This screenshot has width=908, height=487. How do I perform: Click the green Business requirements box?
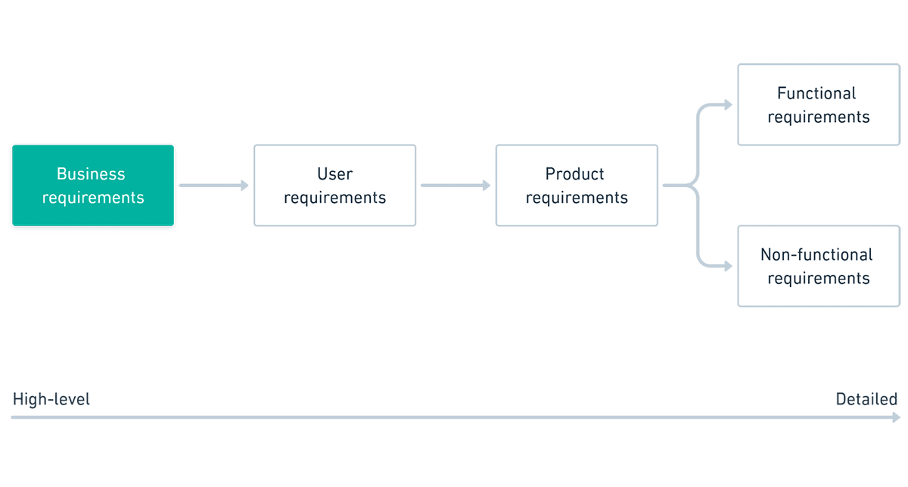(x=93, y=186)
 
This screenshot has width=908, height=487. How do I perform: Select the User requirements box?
(x=334, y=186)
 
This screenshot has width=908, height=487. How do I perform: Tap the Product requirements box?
(x=577, y=186)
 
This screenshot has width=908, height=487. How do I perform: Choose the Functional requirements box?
(x=818, y=105)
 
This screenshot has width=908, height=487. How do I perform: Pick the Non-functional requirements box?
(x=818, y=266)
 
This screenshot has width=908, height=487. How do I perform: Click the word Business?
(x=91, y=174)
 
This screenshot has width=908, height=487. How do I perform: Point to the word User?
(x=334, y=174)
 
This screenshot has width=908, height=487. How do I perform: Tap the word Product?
(x=575, y=174)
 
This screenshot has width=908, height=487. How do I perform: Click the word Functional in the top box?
(x=816, y=93)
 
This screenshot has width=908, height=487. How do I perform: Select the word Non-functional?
(x=816, y=254)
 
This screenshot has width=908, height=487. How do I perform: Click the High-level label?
(x=51, y=399)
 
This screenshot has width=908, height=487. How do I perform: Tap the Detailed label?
(x=866, y=399)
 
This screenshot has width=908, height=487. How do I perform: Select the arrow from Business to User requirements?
(x=213, y=186)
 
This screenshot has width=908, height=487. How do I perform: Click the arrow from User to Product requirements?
(x=456, y=186)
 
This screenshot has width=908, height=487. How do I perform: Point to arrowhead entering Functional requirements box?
(x=728, y=105)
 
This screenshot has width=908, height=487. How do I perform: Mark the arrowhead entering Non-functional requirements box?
(x=728, y=267)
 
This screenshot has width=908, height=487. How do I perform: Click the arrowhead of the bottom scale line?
(x=897, y=417)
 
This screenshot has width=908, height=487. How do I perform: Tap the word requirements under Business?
(x=93, y=198)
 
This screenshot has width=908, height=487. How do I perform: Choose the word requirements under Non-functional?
(x=819, y=278)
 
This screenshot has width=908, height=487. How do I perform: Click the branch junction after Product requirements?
(x=695, y=186)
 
